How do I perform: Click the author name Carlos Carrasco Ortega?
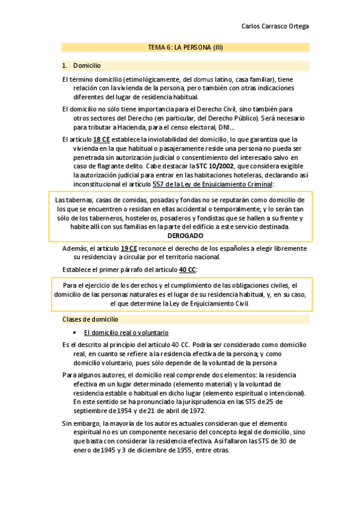275,26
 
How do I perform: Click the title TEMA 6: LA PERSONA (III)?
186,47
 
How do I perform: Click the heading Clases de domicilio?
90,319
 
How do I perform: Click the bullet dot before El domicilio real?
74,333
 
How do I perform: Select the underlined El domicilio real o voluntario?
126,333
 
